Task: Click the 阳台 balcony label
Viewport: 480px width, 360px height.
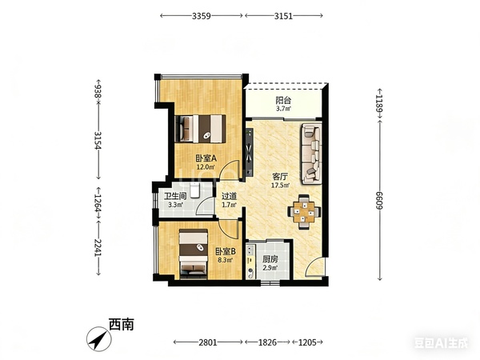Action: pyautogui.click(x=283, y=100)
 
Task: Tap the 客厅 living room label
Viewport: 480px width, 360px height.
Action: pyautogui.click(x=280, y=177)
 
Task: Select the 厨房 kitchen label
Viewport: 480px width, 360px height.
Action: pyautogui.click(x=270, y=259)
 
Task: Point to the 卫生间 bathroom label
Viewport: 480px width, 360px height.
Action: pyautogui.click(x=175, y=196)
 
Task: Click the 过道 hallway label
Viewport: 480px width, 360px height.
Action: pyautogui.click(x=229, y=196)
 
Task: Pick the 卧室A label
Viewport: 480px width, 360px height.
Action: pyautogui.click(x=206, y=158)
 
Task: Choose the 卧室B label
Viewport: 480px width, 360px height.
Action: pyautogui.click(x=226, y=252)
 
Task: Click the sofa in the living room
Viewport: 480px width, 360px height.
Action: pyautogui.click(x=312, y=154)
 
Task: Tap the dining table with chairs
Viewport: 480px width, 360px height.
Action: pyautogui.click(x=304, y=212)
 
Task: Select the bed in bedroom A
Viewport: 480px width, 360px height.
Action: pyautogui.click(x=200, y=129)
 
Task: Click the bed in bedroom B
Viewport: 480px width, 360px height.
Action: pyautogui.click(x=194, y=254)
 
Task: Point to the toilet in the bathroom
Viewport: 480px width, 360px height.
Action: pyautogui.click(x=194, y=190)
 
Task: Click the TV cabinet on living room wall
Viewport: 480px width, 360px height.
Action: pyautogui.click(x=249, y=153)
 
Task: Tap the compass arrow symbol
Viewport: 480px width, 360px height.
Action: pyautogui.click(x=99, y=338)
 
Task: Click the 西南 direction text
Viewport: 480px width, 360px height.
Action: pyautogui.click(x=122, y=325)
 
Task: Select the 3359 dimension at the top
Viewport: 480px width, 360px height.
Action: pyautogui.click(x=202, y=16)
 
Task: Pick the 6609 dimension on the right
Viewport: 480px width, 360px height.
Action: pyautogui.click(x=379, y=201)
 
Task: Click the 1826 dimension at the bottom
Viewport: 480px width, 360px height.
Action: pyautogui.click(x=267, y=342)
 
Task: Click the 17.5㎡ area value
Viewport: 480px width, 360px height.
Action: pyautogui.click(x=281, y=186)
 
